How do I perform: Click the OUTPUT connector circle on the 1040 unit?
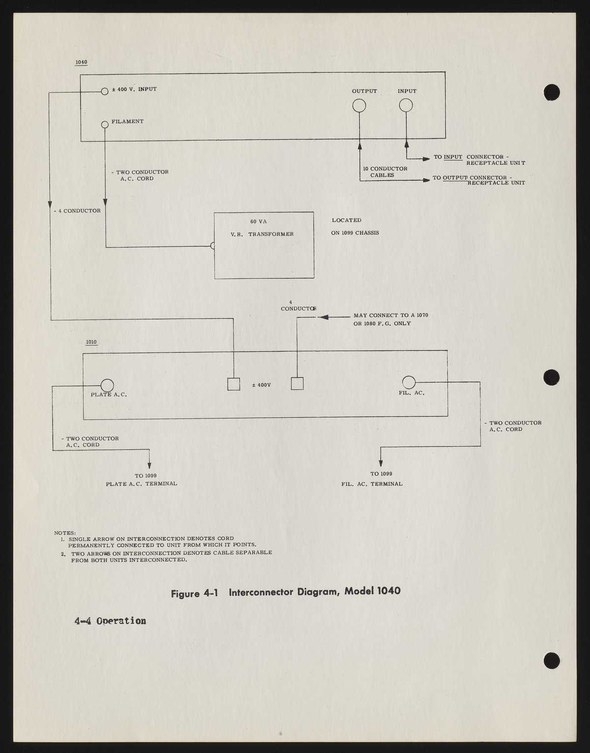(359, 106)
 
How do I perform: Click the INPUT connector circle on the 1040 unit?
(406, 105)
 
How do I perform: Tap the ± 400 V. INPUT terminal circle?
(104, 91)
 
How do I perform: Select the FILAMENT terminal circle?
(104, 125)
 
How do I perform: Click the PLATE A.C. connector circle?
(107, 386)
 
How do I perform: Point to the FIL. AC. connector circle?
(409, 382)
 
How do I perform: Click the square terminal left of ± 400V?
(234, 384)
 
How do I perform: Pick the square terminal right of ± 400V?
(297, 383)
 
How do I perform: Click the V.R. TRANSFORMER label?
(262, 234)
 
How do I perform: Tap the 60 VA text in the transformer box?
(259, 221)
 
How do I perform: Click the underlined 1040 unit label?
(81, 63)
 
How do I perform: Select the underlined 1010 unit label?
(91, 342)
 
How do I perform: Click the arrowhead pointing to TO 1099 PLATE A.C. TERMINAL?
(149, 466)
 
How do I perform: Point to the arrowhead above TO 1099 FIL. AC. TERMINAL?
(380, 462)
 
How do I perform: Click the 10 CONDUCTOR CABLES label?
(385, 172)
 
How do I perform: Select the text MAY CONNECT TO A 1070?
(391, 315)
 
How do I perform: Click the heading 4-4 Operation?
(110, 621)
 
